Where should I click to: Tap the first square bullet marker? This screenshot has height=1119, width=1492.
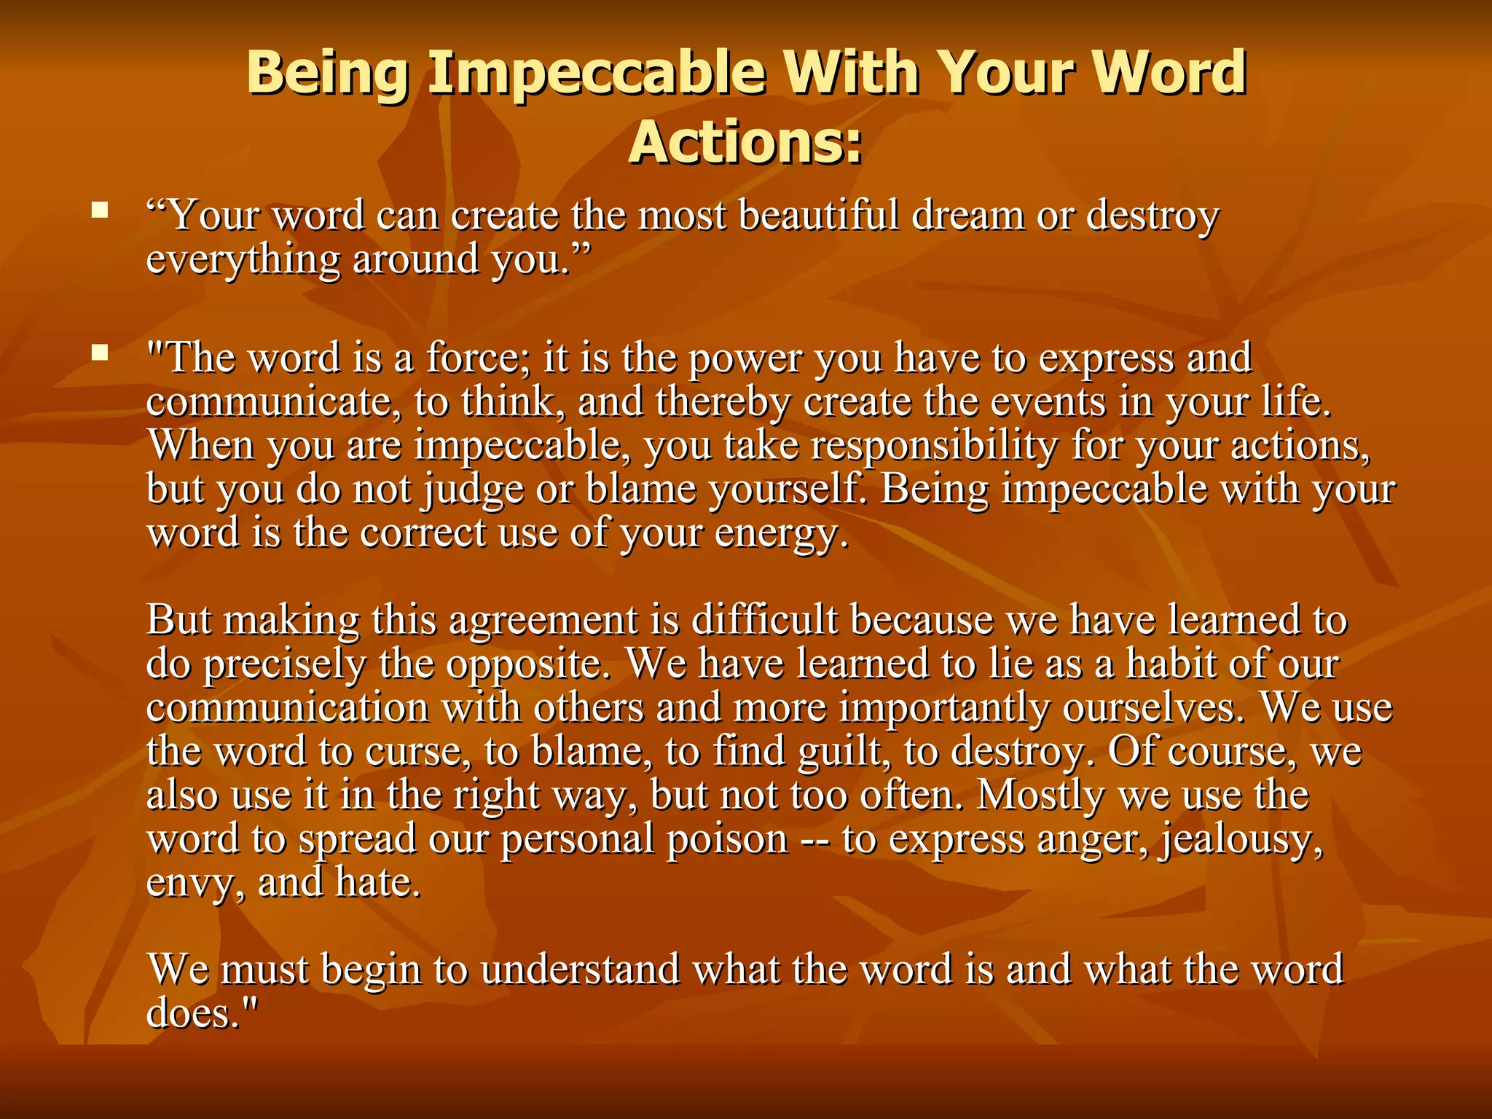pyautogui.click(x=100, y=212)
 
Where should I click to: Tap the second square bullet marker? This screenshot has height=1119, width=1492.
pyautogui.click(x=100, y=354)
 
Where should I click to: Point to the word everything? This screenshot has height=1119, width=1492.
pyautogui.click(x=243, y=260)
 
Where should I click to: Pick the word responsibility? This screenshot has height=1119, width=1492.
pyautogui.click(x=934, y=446)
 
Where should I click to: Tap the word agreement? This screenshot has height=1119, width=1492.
pyautogui.click(x=543, y=621)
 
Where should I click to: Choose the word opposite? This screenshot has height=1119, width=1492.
pyautogui.click(x=527, y=664)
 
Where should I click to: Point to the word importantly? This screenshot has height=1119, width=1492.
pyautogui.click(x=943, y=708)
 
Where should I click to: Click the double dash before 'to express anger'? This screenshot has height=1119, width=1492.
pyautogui.click(x=815, y=839)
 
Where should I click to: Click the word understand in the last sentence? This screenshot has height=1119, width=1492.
pyautogui.click(x=580, y=970)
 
